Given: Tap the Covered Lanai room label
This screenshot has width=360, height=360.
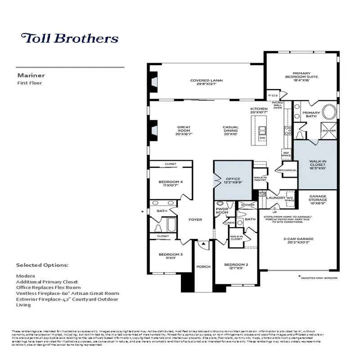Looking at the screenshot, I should [x=207, y=82].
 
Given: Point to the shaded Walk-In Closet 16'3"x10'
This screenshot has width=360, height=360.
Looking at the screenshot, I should [x=318, y=164].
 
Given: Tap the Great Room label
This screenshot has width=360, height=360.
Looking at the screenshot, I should [x=184, y=130].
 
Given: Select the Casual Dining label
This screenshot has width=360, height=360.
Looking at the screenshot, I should [x=230, y=130].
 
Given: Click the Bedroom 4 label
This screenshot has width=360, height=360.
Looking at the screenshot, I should [x=170, y=184].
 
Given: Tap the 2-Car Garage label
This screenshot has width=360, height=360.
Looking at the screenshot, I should [x=298, y=241].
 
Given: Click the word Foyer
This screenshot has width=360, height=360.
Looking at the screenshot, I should [x=195, y=220].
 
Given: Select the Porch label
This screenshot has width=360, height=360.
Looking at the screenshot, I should [x=203, y=267].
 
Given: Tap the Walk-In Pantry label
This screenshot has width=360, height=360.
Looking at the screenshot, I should [x=261, y=179].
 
